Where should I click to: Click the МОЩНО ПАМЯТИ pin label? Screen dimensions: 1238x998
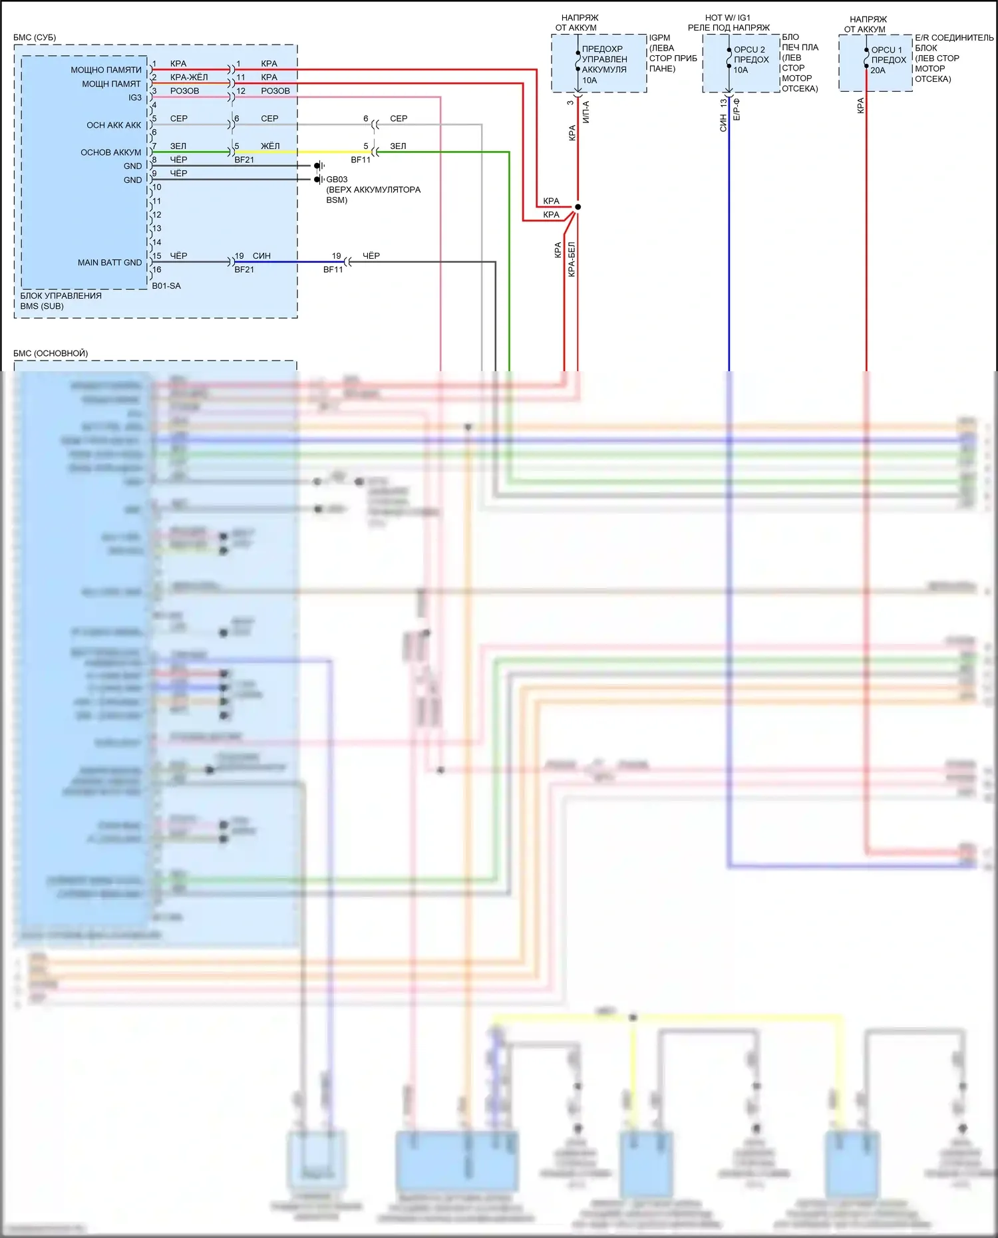(106, 70)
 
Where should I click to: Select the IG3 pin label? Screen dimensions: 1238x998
(135, 98)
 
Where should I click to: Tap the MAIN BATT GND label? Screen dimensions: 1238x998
(110, 263)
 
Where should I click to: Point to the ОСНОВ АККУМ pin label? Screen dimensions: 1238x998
(111, 152)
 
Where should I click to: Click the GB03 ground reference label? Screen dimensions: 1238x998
(337, 180)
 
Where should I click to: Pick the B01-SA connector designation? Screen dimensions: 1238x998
(166, 286)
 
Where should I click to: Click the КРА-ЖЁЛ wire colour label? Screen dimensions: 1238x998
(189, 77)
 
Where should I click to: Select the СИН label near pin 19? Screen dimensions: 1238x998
(261, 256)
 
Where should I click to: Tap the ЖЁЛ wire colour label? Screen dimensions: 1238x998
(270, 146)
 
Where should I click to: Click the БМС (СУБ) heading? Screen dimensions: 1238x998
(35, 37)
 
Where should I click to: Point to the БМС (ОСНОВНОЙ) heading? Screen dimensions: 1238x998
(51, 353)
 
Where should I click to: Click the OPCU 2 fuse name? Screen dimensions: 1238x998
(749, 50)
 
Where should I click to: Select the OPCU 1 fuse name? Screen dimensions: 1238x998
(887, 50)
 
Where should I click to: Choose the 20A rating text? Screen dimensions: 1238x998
(878, 71)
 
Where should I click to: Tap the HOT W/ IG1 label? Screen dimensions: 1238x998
(728, 18)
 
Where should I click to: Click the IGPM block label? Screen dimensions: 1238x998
(660, 38)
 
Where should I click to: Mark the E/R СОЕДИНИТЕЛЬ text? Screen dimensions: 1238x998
(954, 38)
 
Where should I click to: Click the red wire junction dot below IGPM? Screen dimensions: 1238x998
(578, 207)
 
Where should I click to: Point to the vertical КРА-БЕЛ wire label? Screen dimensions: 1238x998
(572, 259)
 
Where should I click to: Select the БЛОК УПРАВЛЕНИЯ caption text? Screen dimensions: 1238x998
(61, 296)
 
